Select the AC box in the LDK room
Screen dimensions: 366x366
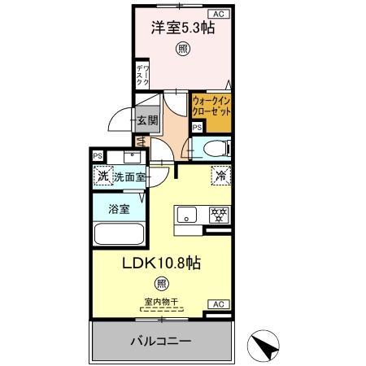[218, 304]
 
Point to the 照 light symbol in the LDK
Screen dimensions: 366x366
[162, 284]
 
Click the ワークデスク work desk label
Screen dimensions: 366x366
[142, 76]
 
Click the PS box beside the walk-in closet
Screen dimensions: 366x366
[197, 127]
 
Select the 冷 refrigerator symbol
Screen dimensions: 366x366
[220, 174]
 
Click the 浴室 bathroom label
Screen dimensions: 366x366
[119, 209]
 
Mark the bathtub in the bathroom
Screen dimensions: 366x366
[119, 234]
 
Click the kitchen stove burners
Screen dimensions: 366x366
[218, 216]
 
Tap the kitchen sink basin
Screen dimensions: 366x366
[186, 216]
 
